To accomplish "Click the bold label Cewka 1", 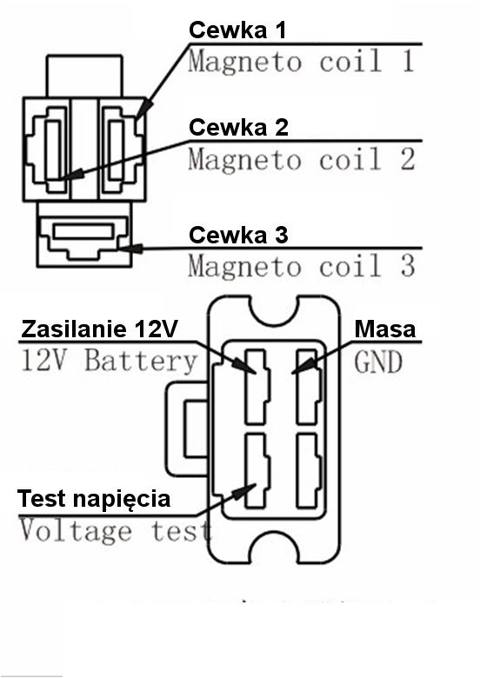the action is (x=237, y=30).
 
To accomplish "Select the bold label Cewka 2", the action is (x=238, y=127).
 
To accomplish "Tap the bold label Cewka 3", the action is (x=238, y=235).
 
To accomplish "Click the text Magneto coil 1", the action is (x=302, y=61).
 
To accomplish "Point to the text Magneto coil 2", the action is (x=302, y=159).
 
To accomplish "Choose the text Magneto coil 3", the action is (x=302, y=265).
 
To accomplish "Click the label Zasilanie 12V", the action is (x=99, y=329).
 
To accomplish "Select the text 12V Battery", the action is (x=109, y=361).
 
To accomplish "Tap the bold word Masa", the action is (x=385, y=329).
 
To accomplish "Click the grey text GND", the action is (x=378, y=362).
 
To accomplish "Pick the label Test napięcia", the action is (x=94, y=499).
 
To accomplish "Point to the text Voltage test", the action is (x=116, y=530).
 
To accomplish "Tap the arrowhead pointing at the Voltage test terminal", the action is (x=243, y=492).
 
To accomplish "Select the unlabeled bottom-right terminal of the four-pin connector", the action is (x=310, y=470).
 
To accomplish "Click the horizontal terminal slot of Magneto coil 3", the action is (x=83, y=231).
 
